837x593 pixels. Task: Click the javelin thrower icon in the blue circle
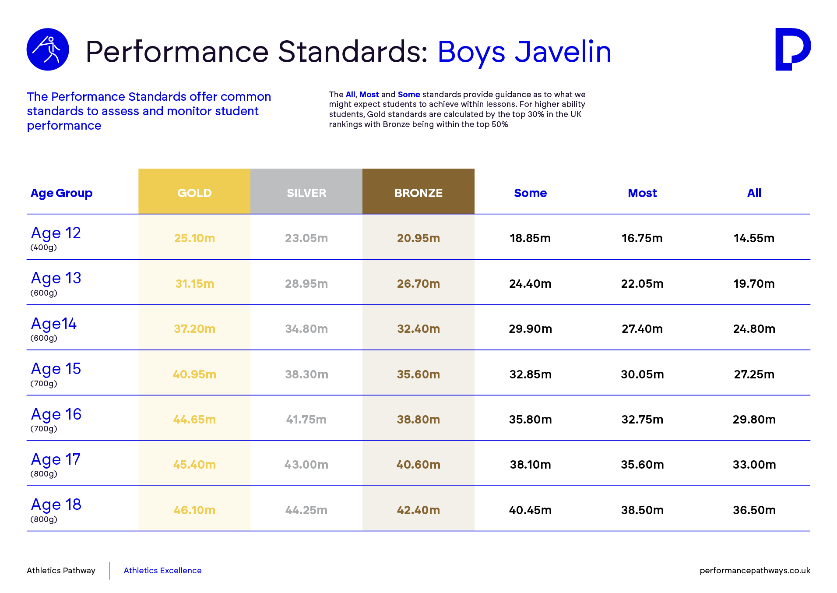(x=48, y=49)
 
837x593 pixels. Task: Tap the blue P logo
(x=792, y=49)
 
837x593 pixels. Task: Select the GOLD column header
(x=194, y=193)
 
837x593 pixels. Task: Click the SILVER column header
(x=306, y=193)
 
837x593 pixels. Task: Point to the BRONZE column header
(x=418, y=193)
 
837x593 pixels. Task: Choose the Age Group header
(x=61, y=193)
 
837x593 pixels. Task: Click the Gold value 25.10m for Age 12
(x=194, y=238)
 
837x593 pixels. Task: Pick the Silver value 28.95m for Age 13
(x=306, y=284)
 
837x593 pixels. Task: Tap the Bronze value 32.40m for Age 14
(x=418, y=329)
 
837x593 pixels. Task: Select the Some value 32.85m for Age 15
(x=530, y=374)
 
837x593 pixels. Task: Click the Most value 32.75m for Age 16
(x=642, y=420)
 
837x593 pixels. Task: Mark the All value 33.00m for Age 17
(x=754, y=465)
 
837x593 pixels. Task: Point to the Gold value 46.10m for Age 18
(x=194, y=510)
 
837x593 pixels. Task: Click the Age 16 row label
(x=56, y=414)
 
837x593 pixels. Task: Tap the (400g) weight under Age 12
(x=44, y=247)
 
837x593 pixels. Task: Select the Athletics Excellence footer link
(x=162, y=571)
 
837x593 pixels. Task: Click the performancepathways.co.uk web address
(x=755, y=571)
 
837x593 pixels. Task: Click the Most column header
(x=642, y=193)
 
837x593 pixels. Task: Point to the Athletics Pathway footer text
(x=61, y=571)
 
